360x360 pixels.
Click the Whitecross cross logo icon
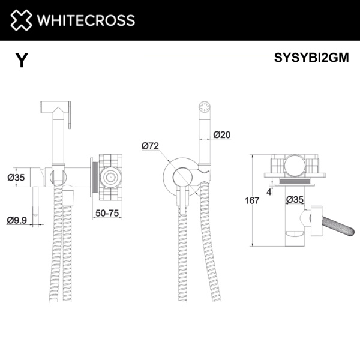21,20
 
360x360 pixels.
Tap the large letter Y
22,60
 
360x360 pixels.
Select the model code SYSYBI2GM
311,59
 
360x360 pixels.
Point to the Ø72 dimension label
150,146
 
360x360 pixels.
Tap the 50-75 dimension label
107,212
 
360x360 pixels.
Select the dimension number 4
272,191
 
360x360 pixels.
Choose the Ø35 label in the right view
295,199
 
